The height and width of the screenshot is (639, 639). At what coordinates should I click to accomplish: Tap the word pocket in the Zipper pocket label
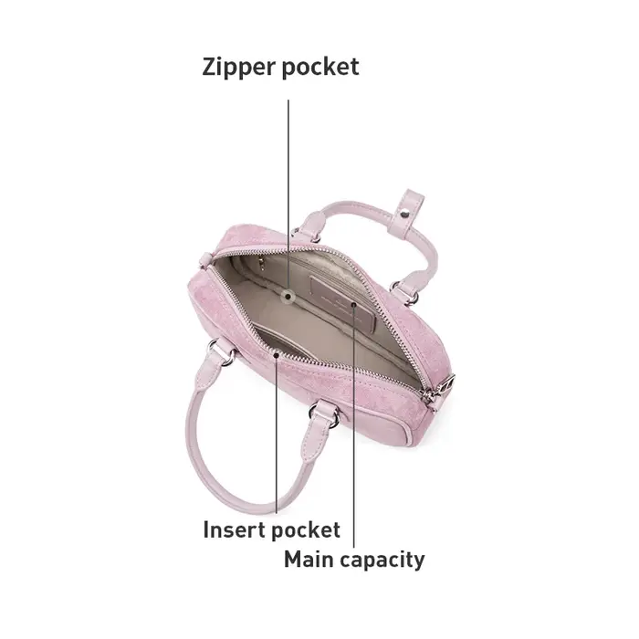320,68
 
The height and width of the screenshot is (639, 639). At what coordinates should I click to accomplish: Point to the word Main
309,559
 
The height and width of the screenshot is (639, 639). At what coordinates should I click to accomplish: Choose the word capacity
382,560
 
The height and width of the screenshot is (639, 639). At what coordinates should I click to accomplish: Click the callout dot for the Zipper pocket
288,297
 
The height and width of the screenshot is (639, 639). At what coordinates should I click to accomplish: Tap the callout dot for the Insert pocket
277,355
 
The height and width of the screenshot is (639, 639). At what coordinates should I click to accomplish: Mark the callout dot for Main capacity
354,305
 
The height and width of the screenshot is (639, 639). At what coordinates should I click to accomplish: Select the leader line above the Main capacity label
354,426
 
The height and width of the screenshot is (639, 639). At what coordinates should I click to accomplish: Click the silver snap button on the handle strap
405,213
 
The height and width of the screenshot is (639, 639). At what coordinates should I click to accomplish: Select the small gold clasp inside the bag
261,264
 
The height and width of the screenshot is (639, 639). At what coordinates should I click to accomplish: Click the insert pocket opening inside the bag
281,339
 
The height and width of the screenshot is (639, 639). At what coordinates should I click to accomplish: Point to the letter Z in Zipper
210,67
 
